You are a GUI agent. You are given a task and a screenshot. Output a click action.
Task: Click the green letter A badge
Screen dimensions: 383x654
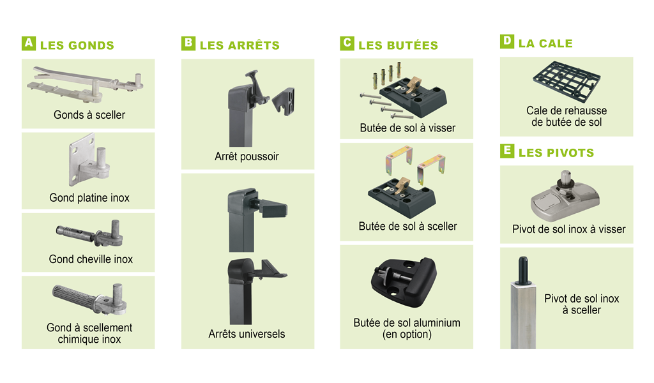[x=28, y=43]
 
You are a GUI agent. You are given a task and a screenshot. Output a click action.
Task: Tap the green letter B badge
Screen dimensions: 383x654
[x=188, y=43]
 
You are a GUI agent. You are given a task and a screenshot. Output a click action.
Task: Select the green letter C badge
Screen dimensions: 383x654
[x=347, y=43]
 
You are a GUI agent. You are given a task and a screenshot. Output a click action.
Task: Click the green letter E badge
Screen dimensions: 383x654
[x=506, y=151]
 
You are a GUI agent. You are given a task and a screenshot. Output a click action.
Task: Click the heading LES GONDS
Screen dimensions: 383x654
[x=77, y=45]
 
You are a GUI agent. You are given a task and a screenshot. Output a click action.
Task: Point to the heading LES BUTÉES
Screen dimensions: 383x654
[x=399, y=45]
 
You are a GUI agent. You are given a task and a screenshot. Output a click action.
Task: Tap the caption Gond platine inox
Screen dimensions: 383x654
[x=89, y=198]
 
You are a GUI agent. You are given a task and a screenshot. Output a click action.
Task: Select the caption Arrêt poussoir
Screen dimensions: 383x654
[x=247, y=156]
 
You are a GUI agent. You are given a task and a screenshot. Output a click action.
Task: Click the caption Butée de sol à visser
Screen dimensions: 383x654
[x=407, y=128]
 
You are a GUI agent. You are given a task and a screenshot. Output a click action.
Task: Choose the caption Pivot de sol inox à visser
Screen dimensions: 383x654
[x=568, y=229]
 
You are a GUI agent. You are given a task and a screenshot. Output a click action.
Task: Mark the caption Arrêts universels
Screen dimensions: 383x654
[x=247, y=334]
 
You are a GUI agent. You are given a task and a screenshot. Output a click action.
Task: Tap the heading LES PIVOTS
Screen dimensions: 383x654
[x=556, y=153]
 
